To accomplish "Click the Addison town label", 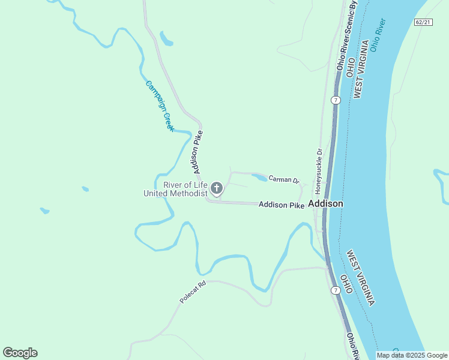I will click(x=325, y=204).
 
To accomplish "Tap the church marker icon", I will click(x=217, y=188).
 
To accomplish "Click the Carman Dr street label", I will click(x=283, y=179).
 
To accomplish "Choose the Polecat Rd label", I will click(x=193, y=292).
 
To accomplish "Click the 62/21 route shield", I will click(x=423, y=22).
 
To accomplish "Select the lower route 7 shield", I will click(x=335, y=290).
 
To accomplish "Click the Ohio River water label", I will click(x=378, y=35).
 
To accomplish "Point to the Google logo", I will click(x=20, y=353).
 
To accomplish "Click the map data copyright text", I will click(x=411, y=355).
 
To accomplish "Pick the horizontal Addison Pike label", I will click(x=282, y=205).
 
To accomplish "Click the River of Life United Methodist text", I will click(x=175, y=189).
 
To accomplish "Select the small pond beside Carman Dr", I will click(x=259, y=178).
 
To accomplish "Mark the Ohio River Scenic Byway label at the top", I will click(x=347, y=36).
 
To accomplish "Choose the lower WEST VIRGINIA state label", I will click(x=360, y=278).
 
